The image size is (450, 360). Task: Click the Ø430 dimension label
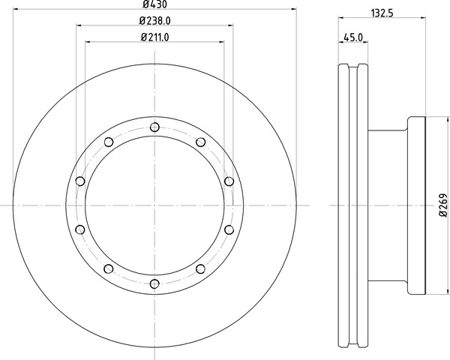tap(154, 4)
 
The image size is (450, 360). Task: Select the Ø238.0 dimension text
tap(154, 21)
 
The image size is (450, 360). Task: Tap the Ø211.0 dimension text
tap(154, 37)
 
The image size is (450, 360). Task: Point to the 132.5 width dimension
tap(382, 13)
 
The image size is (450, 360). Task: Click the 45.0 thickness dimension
tap(353, 37)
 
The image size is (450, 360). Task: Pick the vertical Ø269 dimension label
tap(443, 205)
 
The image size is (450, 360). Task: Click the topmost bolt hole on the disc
tap(154, 127)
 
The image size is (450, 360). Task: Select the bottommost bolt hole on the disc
tap(154, 284)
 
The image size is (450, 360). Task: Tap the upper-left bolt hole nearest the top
tap(109, 142)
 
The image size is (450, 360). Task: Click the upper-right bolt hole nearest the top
tap(200, 142)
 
